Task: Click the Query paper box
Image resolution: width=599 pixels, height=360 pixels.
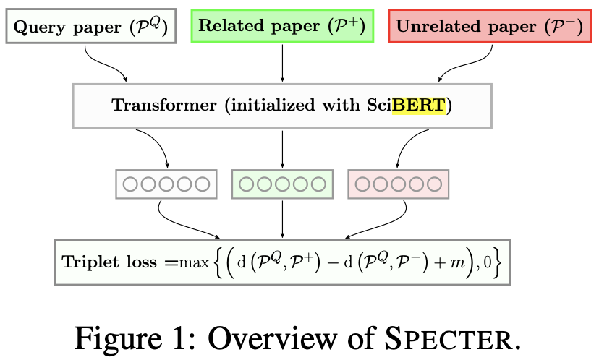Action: [x=91, y=26]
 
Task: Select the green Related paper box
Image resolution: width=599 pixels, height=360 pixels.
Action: [x=282, y=25]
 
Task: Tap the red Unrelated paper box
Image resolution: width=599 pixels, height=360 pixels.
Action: [x=490, y=25]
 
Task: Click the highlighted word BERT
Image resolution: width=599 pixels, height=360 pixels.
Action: [x=419, y=105]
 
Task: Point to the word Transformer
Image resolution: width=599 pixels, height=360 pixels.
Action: [x=164, y=105]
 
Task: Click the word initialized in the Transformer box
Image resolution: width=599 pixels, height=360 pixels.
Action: [x=273, y=105]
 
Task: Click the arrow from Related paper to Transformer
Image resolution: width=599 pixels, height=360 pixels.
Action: [x=282, y=63]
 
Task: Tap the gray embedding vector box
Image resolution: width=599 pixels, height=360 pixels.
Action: [x=166, y=184]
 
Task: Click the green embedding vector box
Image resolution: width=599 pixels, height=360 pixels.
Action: [x=282, y=184]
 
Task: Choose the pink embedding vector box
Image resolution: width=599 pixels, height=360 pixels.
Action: [x=399, y=184]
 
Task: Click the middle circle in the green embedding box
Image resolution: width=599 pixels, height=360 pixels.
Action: [x=282, y=184]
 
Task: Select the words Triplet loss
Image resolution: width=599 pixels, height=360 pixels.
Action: [x=109, y=262]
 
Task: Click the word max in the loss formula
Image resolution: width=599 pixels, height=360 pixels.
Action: [x=195, y=262]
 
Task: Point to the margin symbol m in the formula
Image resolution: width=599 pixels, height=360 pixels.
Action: [x=457, y=263]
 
